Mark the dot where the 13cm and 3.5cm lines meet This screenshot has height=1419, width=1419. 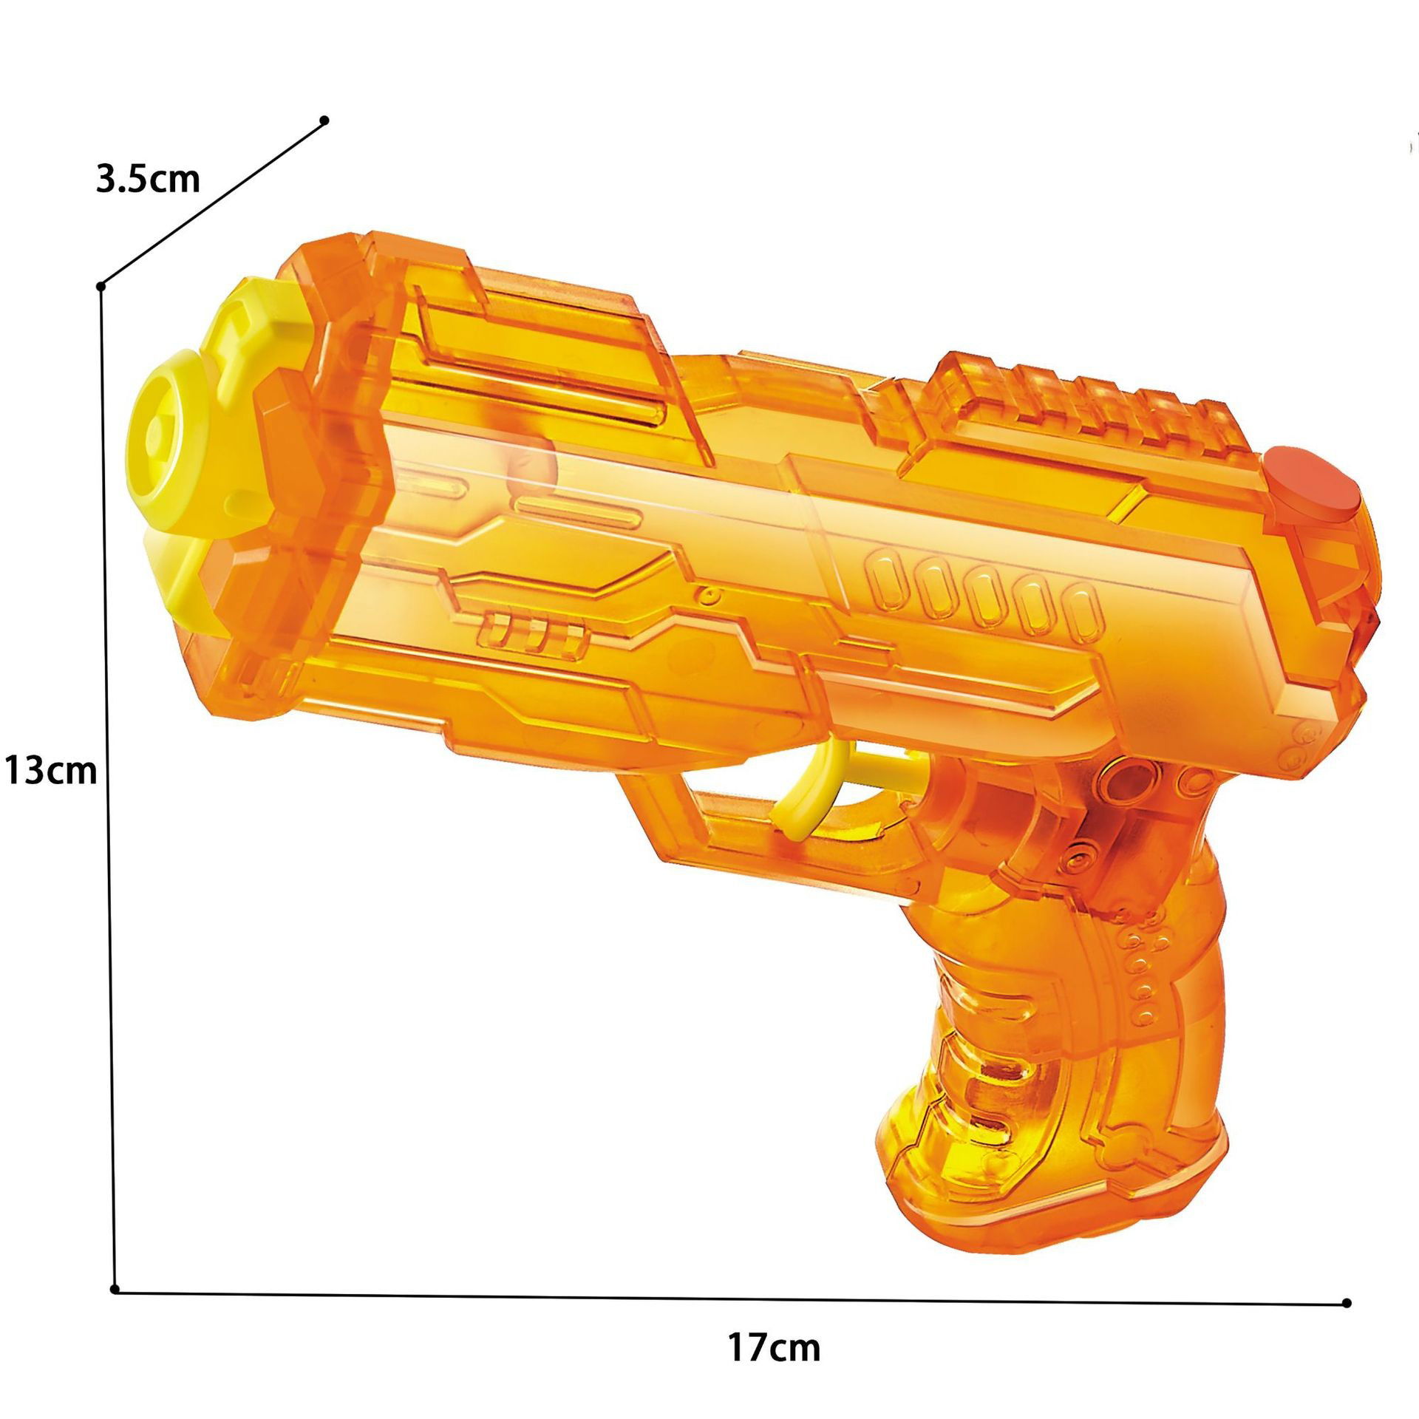pyautogui.click(x=102, y=285)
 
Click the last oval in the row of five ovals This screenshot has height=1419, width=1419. pyautogui.click(x=1081, y=608)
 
